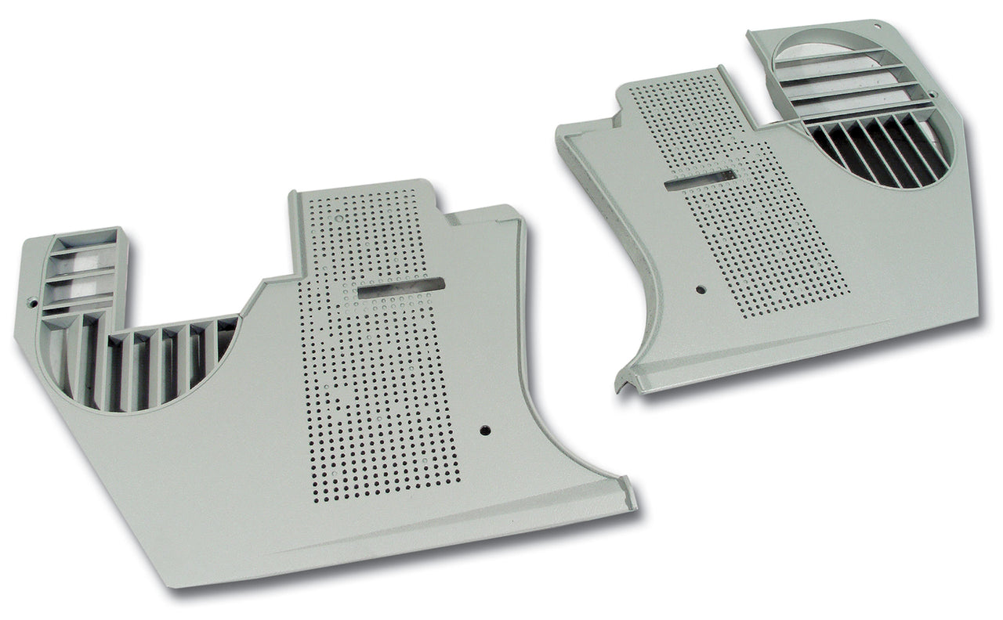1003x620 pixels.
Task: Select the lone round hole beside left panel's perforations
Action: tap(486, 430)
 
